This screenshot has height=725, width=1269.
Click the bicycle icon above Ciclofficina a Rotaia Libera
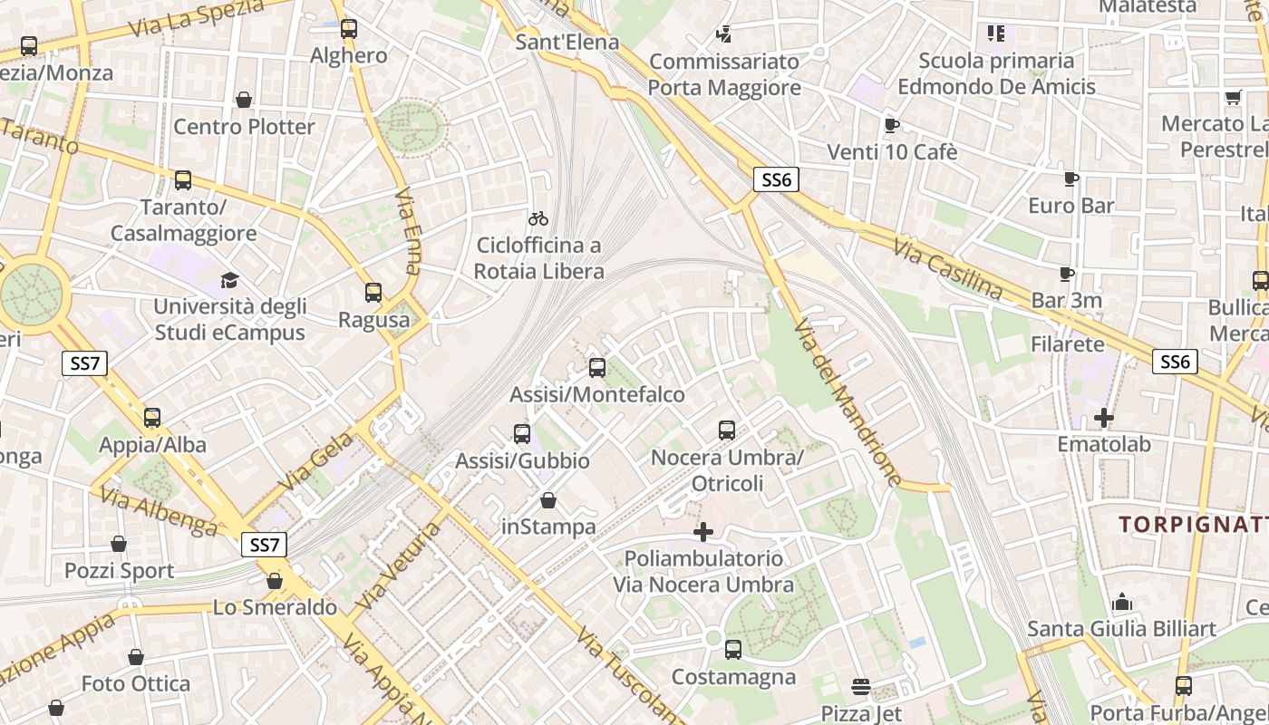[538, 218]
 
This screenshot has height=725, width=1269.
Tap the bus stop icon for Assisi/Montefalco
[596, 368]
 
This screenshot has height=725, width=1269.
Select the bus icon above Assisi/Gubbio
[521, 434]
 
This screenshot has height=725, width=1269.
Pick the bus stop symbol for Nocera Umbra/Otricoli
[726, 430]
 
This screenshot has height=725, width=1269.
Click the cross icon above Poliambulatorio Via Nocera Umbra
[702, 532]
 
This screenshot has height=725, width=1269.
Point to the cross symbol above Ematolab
[1103, 418]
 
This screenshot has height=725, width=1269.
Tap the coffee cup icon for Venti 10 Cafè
[891, 125]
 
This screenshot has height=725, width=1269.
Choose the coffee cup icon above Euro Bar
[1070, 179]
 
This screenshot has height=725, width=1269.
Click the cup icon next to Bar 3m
[1067, 274]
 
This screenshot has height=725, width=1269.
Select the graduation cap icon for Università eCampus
[229, 280]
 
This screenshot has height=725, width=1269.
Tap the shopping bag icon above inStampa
[548, 500]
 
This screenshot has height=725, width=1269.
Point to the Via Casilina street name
[948, 269]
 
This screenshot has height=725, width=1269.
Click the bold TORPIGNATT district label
[1193, 525]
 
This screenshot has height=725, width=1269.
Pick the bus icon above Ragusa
[373, 293]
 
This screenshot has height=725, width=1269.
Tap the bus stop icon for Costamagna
[732, 650]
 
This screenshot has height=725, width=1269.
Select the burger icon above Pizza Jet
[860, 688]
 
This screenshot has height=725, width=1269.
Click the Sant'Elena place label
[567, 42]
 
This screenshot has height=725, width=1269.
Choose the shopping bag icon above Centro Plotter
[243, 100]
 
